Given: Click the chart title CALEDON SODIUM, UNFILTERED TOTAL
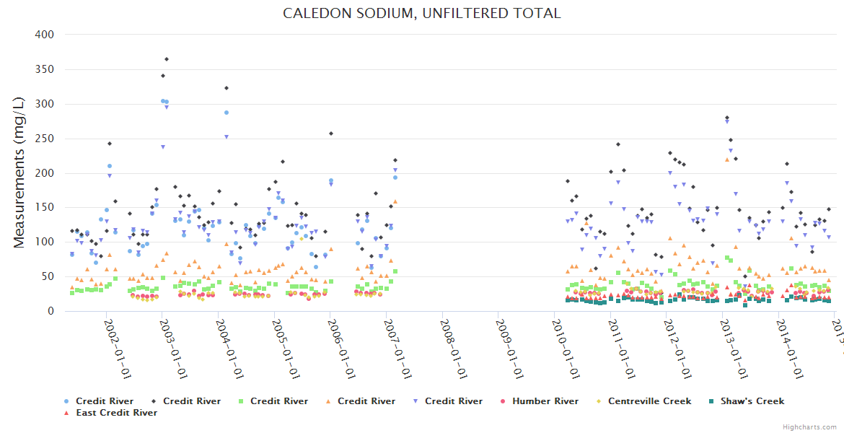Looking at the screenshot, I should click(421, 14).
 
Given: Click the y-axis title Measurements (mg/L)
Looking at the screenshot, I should click(19, 173).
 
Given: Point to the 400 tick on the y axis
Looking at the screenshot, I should click(45, 35).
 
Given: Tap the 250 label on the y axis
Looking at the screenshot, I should click(45, 139).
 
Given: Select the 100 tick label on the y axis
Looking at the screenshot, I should click(45, 242).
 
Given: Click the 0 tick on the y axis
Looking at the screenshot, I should click(51, 312).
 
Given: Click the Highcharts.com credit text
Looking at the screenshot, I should click(810, 427).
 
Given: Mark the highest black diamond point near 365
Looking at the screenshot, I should click(167, 59).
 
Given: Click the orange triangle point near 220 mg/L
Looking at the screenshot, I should click(726, 159).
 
